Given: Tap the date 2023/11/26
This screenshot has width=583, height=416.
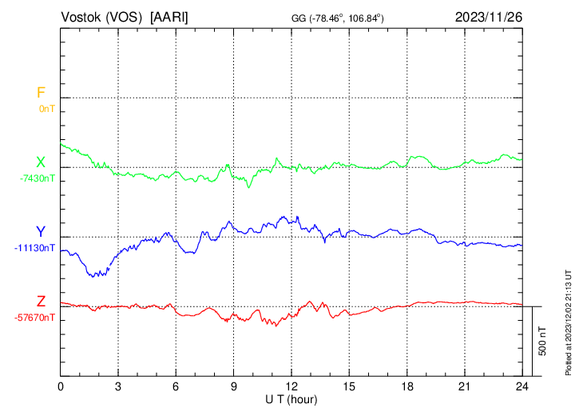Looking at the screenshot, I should [x=489, y=17].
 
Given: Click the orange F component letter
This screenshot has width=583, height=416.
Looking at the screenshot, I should [x=40, y=93].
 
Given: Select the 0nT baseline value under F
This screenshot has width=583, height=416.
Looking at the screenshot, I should [x=46, y=108].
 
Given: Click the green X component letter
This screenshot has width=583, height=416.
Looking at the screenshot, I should [x=40, y=162].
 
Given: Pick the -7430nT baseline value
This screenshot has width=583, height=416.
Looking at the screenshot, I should [x=38, y=178].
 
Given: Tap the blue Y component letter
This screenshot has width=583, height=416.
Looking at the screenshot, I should [x=40, y=232].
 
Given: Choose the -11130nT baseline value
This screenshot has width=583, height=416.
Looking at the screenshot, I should [x=35, y=248].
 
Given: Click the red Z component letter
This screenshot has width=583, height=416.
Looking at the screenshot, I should [x=40, y=302].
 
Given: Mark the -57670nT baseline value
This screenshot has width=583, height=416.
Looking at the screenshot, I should [x=35, y=318].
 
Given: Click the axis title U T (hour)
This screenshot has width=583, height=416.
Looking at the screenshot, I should [x=291, y=398].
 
